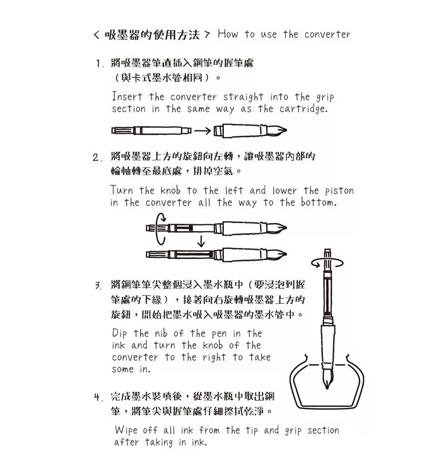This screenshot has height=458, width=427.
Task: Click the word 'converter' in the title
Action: click(x=327, y=34)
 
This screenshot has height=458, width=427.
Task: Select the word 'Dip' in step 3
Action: click(x=120, y=333)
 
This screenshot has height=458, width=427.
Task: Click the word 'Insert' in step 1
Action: click(x=128, y=97)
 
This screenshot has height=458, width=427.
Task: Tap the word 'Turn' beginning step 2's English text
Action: click(x=122, y=191)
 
